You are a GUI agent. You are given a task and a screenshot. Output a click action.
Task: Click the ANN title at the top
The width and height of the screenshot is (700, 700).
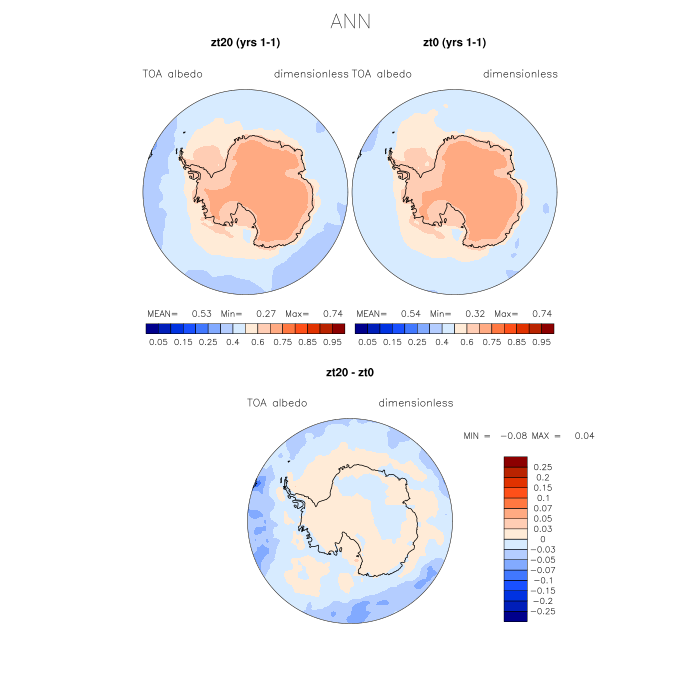coord(350,20)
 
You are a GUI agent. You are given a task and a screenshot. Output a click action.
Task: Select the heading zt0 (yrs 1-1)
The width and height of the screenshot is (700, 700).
coord(454,42)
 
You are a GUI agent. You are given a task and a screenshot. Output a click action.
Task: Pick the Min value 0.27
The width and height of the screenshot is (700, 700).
coord(265,313)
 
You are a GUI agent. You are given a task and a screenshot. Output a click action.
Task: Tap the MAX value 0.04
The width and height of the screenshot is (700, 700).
coord(584,436)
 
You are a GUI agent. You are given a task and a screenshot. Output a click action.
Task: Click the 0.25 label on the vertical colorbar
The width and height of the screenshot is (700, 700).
coord(543,467)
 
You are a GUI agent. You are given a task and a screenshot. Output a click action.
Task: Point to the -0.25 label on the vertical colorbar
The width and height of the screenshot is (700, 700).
coord(541,610)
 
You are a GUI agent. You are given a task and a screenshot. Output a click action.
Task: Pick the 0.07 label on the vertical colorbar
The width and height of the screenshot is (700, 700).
coord(543,508)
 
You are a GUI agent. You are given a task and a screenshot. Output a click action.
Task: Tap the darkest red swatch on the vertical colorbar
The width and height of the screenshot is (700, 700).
coord(515,461)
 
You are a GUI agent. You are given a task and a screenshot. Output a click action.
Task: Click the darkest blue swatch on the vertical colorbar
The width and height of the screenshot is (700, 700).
coord(515,616)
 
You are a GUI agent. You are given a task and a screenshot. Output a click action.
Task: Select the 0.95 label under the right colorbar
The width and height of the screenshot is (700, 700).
coord(542,341)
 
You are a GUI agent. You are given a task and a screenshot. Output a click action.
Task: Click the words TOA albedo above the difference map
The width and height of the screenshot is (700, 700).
coord(277,403)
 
